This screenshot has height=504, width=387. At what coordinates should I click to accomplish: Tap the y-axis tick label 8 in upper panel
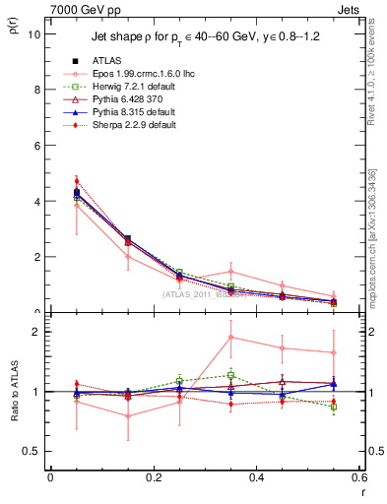pos(35,90)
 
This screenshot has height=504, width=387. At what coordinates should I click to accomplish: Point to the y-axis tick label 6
pos(35,145)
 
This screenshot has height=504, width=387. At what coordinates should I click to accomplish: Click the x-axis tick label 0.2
pos(153,476)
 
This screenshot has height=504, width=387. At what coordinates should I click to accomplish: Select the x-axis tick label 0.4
pos(256,476)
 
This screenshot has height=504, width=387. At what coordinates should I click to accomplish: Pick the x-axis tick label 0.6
pos(358,476)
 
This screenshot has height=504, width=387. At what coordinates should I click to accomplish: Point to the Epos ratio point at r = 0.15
pos(127,415)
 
